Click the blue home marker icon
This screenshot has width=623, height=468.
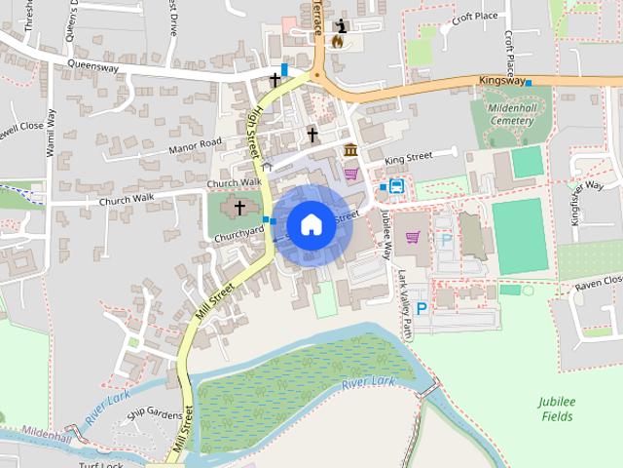click(x=310, y=224)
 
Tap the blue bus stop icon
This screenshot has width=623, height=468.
click(x=397, y=187)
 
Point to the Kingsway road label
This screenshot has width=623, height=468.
click(x=501, y=81)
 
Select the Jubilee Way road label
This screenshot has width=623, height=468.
click(x=386, y=234)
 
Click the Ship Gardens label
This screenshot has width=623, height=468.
click(x=154, y=415)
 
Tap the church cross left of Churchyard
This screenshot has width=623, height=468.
click(x=239, y=208)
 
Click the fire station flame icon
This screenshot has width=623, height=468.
click(x=339, y=42)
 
